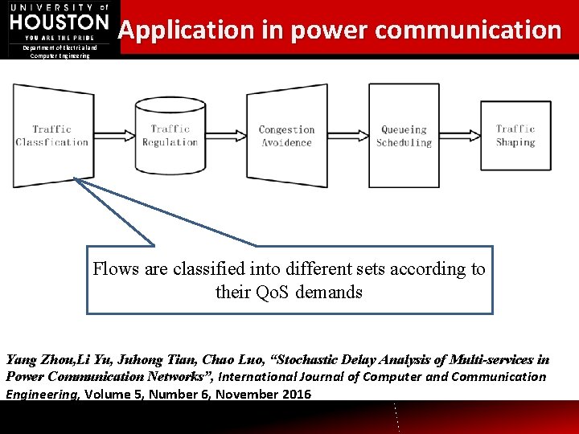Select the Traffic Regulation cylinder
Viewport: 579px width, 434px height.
coord(170,136)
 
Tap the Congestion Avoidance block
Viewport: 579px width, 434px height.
coord(286,136)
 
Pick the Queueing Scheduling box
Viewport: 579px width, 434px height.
coord(404,136)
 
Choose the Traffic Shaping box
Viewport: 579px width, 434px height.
coord(515,135)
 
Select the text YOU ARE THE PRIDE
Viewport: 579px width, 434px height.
coord(60,37)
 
